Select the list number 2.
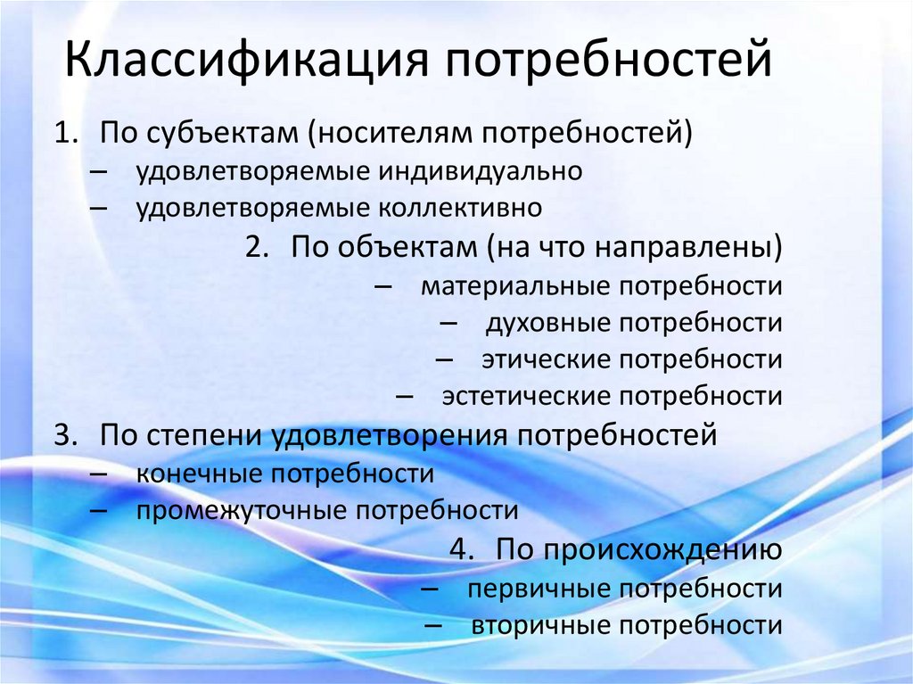pos(258,247)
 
